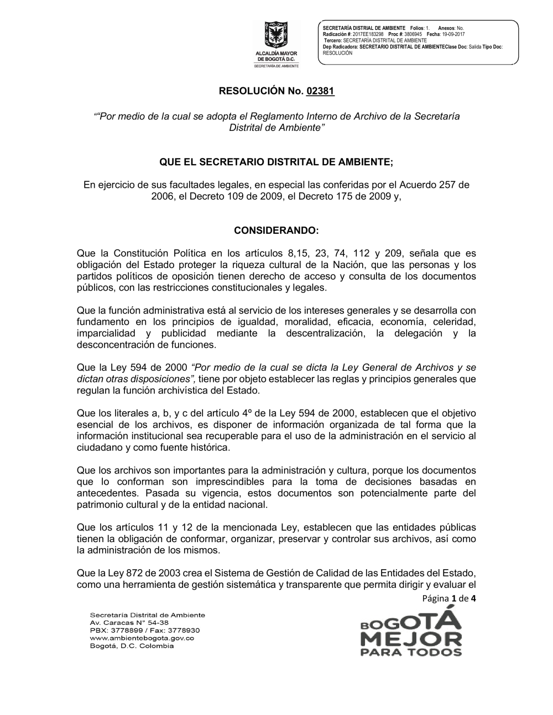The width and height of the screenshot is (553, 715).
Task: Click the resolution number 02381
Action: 320,91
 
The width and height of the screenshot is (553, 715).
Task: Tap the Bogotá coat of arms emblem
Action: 276,35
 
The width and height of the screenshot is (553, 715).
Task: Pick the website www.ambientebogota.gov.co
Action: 142,638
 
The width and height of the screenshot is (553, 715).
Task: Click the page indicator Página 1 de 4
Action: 448,598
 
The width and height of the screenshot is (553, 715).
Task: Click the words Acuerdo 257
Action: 422,185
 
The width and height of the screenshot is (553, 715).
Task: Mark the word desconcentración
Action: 116,345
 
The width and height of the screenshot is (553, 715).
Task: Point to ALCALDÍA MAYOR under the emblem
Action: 276,54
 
